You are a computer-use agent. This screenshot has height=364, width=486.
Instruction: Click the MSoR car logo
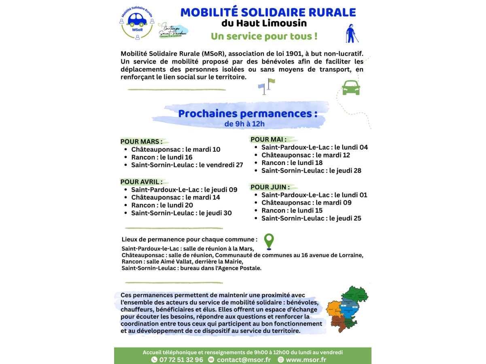click(137, 23)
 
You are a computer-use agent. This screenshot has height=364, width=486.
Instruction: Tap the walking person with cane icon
click(352, 34)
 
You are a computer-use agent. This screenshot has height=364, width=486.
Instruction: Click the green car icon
click(351, 87)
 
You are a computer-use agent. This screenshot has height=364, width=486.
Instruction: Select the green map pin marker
click(269, 241)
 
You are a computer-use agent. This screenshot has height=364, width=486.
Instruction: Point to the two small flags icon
click(267, 86)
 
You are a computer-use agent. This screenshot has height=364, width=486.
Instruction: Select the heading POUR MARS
click(141, 142)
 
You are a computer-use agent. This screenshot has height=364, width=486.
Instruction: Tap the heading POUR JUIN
click(270, 187)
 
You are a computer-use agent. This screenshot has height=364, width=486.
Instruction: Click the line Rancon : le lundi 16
click(161, 157)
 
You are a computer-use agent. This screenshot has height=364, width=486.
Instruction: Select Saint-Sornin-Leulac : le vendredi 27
click(187, 165)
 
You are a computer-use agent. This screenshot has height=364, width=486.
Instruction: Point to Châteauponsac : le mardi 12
click(306, 155)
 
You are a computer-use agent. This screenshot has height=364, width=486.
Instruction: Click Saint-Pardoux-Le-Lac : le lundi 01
click(314, 195)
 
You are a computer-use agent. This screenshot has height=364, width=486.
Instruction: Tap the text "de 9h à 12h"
click(244, 124)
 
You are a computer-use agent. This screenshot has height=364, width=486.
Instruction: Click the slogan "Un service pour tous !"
click(264, 36)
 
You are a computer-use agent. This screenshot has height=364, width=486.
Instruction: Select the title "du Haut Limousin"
click(264, 23)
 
